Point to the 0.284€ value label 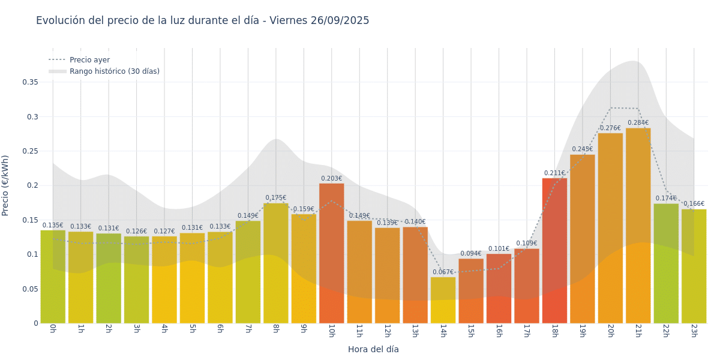coord(638,123)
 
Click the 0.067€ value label coord(443,272)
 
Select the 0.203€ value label coord(331,179)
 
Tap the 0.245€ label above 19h coord(582,149)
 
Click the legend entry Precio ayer coord(89,60)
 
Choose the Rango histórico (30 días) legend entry coord(114,71)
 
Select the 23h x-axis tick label coord(694,331)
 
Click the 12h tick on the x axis coord(387,331)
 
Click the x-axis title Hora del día coord(373,349)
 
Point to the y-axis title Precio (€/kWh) coord(5,185)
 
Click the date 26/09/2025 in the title coord(340,21)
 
